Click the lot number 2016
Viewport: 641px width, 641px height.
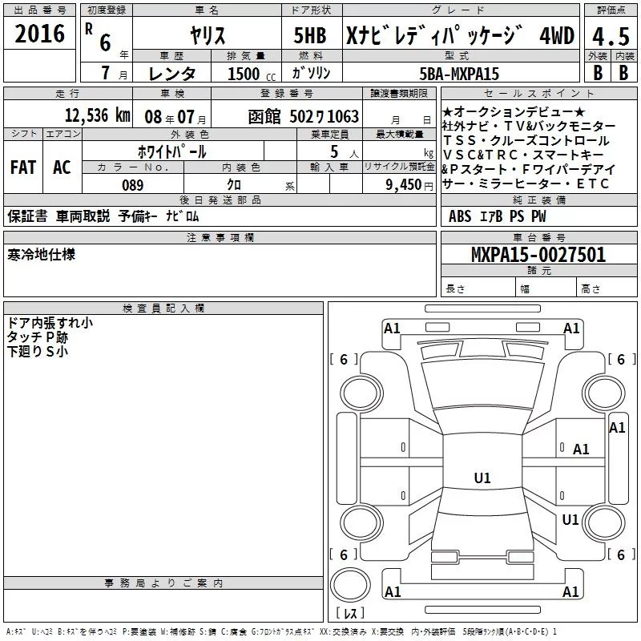coord(39,34)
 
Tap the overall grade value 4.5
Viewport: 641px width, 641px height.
coord(611,36)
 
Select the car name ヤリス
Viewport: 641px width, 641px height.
coord(208,35)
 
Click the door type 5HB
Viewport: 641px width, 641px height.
coord(310,35)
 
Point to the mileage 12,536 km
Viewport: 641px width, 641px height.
coord(97,115)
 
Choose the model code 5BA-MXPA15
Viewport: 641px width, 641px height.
coord(459,74)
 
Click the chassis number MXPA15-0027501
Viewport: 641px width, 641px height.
coord(538,255)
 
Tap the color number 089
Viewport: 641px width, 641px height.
coord(133,185)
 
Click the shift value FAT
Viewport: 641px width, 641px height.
coord(23,167)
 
